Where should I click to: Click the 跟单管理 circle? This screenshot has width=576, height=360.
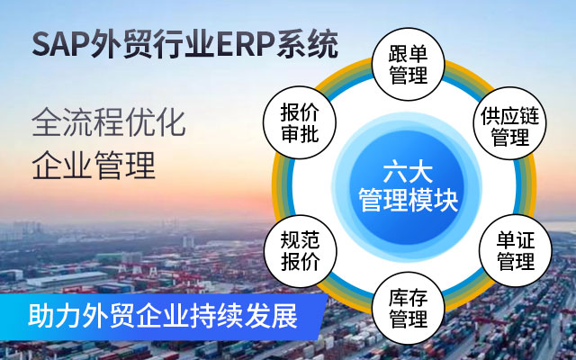pyautogui.click(x=408, y=64)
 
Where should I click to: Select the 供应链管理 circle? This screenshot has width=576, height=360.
pyautogui.click(x=510, y=123)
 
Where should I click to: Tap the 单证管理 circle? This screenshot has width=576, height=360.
pyautogui.click(x=516, y=251)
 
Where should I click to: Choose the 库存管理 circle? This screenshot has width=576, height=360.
pyautogui.click(x=408, y=308)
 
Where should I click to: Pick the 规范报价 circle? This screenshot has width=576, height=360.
pyautogui.click(x=300, y=251)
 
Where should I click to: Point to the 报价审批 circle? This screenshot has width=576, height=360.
pyautogui.click(x=300, y=122)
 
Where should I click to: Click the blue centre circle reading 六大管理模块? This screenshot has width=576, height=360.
pyautogui.click(x=408, y=187)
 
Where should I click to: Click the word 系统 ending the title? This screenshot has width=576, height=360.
pyautogui.click(x=307, y=45)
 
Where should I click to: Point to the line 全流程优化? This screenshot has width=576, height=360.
pyautogui.click(x=109, y=122)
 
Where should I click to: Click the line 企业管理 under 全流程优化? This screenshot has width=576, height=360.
pyautogui.click(x=94, y=166)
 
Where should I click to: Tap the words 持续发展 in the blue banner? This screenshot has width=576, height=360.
pyautogui.click(x=244, y=316)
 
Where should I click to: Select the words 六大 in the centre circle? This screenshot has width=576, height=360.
pyautogui.click(x=408, y=173)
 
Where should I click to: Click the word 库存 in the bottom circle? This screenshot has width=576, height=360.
pyautogui.click(x=408, y=298)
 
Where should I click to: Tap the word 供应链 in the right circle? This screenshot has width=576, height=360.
pyautogui.click(x=510, y=116)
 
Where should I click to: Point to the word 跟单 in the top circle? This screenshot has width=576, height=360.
pyautogui.click(x=408, y=54)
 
